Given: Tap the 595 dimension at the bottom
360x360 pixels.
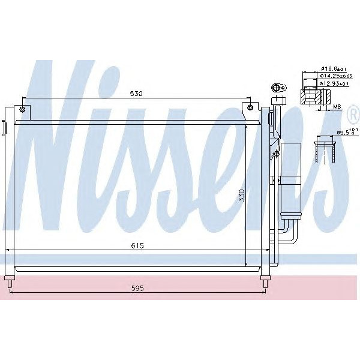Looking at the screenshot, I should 138,288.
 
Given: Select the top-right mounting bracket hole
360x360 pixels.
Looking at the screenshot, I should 251,108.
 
